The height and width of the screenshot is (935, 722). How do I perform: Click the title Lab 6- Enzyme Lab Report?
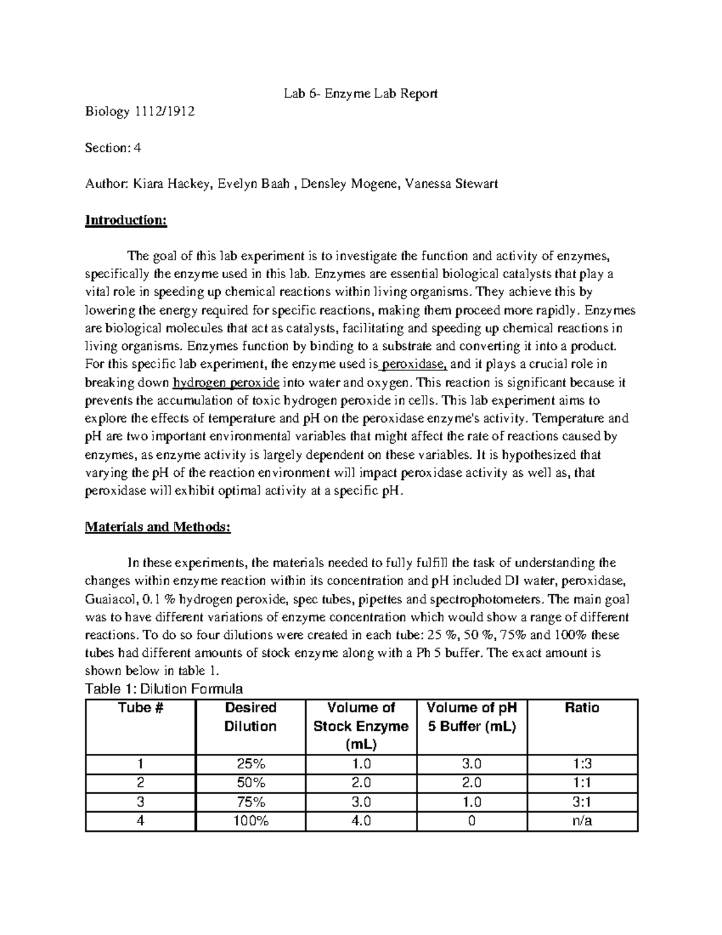point(361,93)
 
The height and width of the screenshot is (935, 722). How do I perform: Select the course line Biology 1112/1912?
point(140,111)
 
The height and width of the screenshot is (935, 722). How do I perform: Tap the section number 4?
point(137,148)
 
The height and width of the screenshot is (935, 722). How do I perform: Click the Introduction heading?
point(126,220)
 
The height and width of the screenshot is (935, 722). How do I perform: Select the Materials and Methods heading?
point(158,527)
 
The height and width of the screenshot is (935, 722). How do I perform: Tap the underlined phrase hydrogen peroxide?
point(226,382)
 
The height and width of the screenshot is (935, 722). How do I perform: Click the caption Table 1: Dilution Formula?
point(164,689)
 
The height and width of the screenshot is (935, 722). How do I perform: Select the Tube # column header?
point(141,708)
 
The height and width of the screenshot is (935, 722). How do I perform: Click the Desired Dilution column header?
point(250,717)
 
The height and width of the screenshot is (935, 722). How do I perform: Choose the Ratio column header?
point(582,708)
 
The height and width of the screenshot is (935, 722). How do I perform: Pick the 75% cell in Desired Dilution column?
point(250,802)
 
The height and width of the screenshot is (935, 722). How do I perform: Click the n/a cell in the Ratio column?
point(582,821)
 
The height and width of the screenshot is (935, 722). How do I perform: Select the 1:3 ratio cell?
point(582,764)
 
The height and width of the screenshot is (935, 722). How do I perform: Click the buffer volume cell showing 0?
point(472,821)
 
